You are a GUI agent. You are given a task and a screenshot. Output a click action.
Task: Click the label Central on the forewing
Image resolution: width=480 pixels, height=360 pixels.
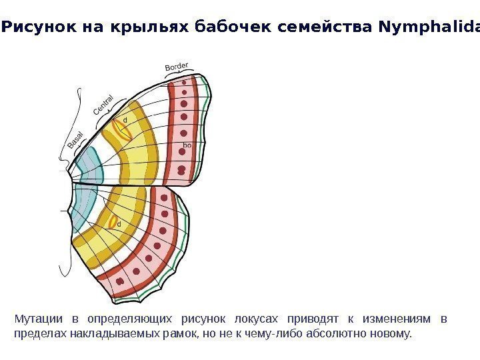coord(103,109)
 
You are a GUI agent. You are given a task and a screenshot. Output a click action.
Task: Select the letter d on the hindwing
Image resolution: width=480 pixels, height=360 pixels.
coord(119,224)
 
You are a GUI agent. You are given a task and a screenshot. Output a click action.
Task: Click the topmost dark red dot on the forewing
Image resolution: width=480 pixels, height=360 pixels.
coord(184,85)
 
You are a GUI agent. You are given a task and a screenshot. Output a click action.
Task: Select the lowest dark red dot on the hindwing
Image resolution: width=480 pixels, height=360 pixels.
coord(121,281)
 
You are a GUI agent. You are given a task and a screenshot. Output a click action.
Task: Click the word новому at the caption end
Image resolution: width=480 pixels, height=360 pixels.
coord(393,332)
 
